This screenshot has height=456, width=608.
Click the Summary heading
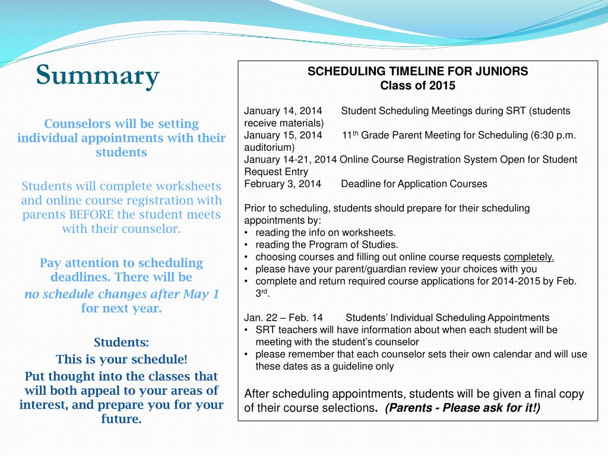click(x=98, y=75)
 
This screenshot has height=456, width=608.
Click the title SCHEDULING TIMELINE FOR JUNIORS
click(x=417, y=72)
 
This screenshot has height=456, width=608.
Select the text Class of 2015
click(x=417, y=85)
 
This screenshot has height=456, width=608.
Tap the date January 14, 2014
click(x=283, y=111)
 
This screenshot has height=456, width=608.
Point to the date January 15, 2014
click(x=283, y=135)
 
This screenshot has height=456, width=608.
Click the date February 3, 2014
click(x=283, y=184)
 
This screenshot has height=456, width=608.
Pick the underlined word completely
click(x=528, y=257)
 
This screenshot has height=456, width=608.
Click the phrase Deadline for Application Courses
click(x=414, y=184)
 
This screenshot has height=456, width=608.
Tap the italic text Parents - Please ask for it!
click(x=463, y=408)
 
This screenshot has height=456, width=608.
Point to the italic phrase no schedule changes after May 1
click(x=122, y=294)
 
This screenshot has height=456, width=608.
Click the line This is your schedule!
click(x=122, y=359)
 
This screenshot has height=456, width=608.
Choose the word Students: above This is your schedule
click(x=122, y=343)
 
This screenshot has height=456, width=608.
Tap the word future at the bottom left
click(x=121, y=419)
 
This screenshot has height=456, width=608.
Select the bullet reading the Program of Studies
click(x=327, y=245)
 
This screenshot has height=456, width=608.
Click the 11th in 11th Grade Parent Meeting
click(x=350, y=135)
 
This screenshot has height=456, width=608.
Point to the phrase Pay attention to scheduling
click(x=122, y=262)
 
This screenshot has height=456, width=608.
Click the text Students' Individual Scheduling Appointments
click(x=448, y=318)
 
